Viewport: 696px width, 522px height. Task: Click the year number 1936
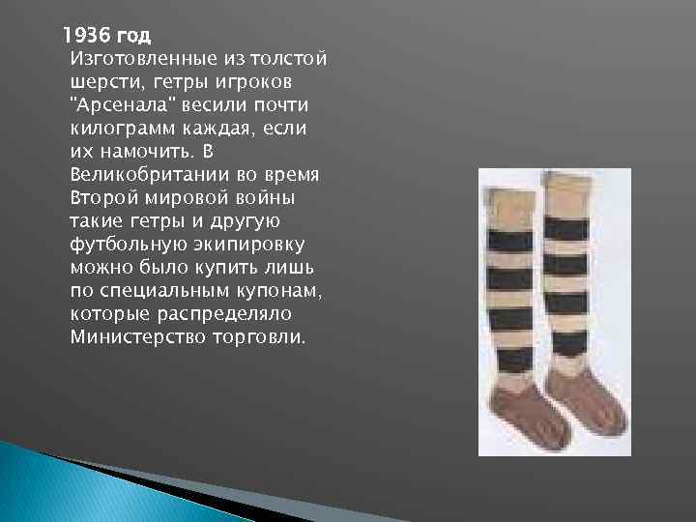click(x=85, y=37)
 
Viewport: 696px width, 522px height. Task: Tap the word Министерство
click(x=135, y=337)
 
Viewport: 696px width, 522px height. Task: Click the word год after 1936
click(x=133, y=37)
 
